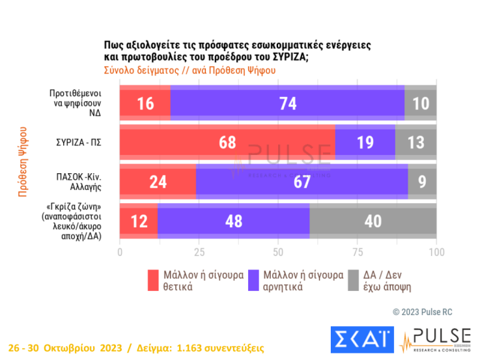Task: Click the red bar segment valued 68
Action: tap(227, 142)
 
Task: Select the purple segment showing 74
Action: tap(287, 103)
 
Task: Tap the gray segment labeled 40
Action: tap(373, 221)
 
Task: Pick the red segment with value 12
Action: tap(138, 221)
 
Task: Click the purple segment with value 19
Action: tap(365, 142)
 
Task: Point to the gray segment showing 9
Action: tap(422, 182)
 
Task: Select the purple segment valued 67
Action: tap(302, 182)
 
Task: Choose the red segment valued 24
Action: tap(158, 182)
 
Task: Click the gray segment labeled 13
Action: tap(415, 142)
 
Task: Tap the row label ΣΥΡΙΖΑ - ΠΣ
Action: tap(83, 142)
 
